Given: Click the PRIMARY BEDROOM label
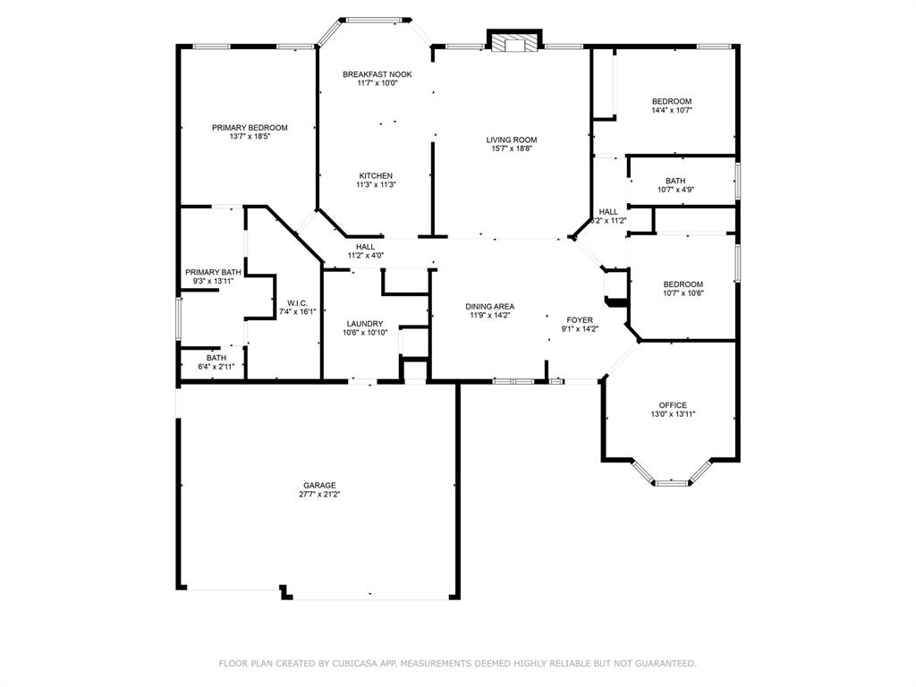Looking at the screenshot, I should point(250,128).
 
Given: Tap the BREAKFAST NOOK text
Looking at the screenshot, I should point(377,74).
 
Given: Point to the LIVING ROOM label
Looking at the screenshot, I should point(512,140).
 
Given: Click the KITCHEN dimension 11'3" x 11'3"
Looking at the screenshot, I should point(376,185).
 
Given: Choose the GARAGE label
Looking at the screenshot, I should point(319,485).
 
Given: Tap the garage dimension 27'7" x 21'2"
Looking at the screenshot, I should point(319,495).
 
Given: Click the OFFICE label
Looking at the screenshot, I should point(673,405).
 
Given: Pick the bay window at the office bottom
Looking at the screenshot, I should point(672,482).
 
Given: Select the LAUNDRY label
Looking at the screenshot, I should point(365,324).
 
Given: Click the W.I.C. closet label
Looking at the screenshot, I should point(298,302).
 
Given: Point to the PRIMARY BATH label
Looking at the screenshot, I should point(213,272).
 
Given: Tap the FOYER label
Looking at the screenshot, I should point(580,319).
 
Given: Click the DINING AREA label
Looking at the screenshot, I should point(489,307).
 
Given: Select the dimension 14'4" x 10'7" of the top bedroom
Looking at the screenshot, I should point(672,111).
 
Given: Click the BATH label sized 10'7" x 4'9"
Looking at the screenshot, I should point(675,181).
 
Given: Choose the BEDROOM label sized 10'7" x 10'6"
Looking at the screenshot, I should point(683,284).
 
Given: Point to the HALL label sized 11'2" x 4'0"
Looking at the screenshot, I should point(365,247).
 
